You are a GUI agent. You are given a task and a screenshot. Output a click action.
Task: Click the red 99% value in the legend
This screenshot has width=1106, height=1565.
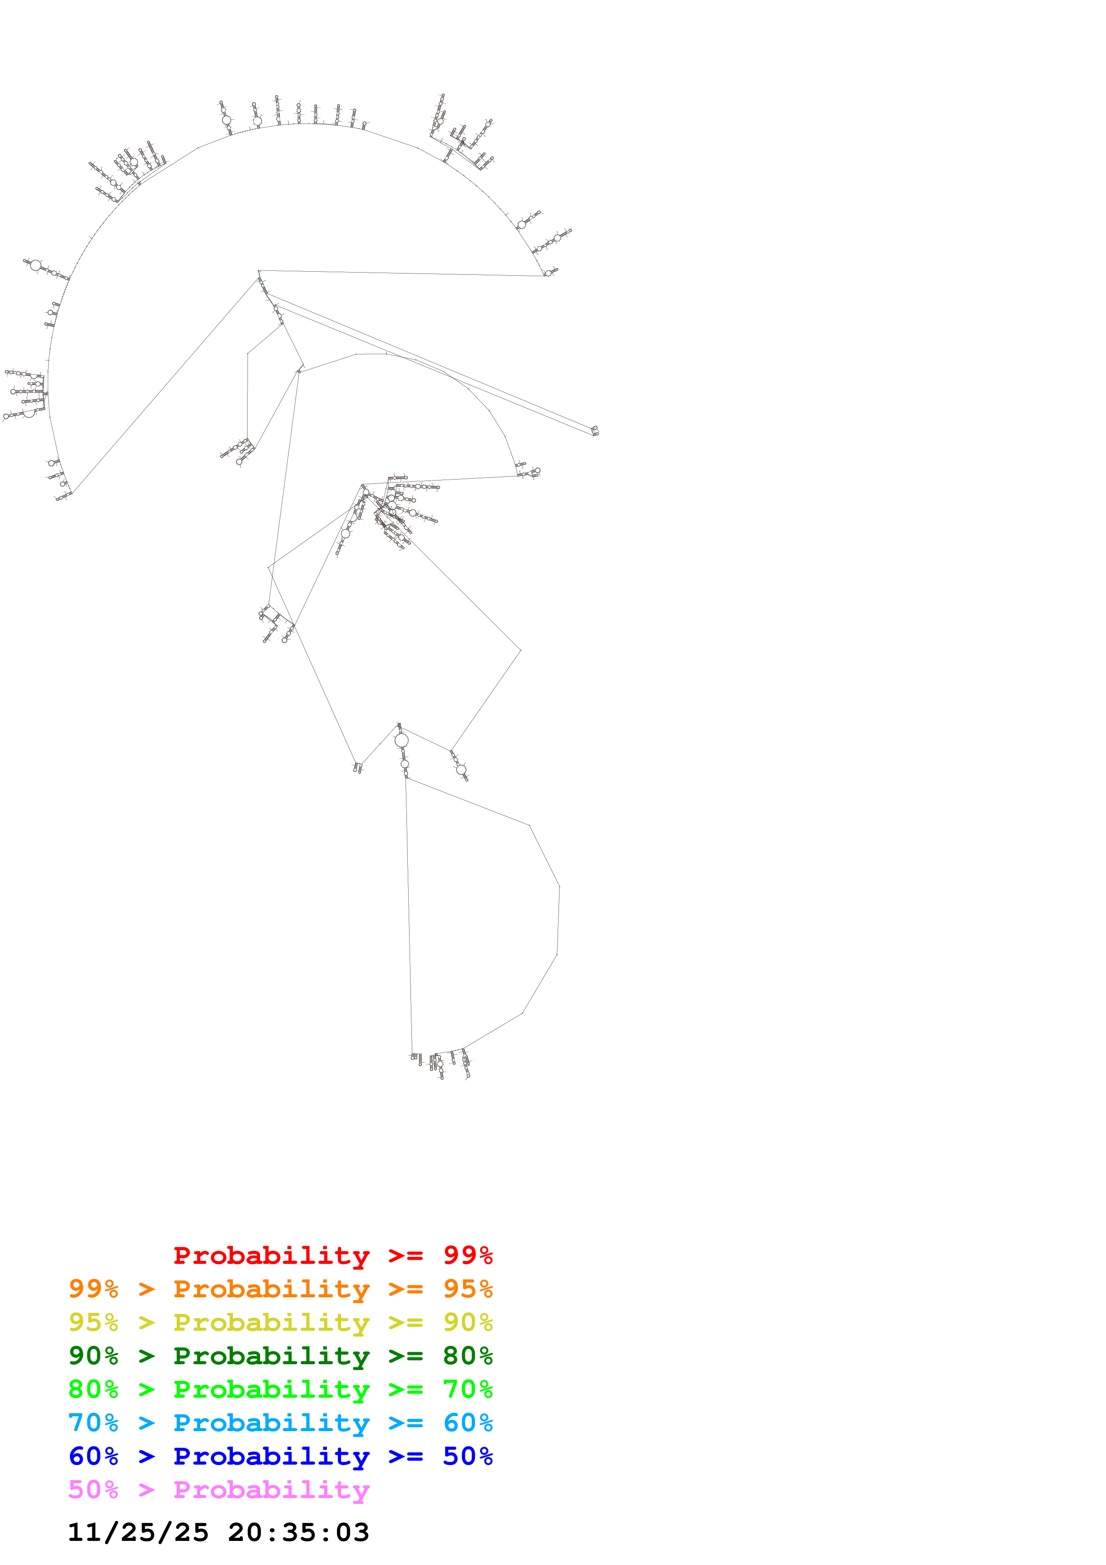click(468, 1255)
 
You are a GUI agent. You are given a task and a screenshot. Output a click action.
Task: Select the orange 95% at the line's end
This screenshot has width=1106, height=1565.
click(468, 1289)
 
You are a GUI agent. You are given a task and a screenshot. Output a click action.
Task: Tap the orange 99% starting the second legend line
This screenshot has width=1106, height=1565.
click(93, 1289)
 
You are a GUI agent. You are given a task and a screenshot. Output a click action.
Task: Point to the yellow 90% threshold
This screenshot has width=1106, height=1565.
click(468, 1322)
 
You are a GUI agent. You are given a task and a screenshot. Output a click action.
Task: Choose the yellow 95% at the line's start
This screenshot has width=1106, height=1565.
click(93, 1322)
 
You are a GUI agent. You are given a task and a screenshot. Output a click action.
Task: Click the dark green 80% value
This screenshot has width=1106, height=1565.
click(468, 1356)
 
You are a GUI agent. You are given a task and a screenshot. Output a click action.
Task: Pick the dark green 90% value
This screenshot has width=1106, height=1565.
click(93, 1356)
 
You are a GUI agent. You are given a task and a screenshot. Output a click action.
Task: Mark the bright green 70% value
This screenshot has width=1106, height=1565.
click(468, 1389)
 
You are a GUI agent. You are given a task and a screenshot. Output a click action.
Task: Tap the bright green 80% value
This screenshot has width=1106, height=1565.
click(93, 1389)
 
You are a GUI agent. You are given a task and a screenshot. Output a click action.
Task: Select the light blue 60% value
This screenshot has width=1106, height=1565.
click(468, 1423)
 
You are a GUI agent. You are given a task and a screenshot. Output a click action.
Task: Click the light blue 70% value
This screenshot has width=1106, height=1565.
click(93, 1423)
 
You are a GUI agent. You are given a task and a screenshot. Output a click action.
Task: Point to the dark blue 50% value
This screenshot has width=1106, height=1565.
click(468, 1456)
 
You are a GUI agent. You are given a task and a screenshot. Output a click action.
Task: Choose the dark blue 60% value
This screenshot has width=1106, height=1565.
click(93, 1456)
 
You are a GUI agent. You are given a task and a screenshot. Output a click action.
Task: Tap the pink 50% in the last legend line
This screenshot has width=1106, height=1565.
click(93, 1489)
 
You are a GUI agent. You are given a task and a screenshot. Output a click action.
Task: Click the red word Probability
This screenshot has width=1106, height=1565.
click(271, 1255)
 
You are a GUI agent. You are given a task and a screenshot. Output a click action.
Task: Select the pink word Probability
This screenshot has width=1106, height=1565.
click(271, 1489)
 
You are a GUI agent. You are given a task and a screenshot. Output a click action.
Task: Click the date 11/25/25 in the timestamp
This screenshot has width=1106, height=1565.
click(138, 1532)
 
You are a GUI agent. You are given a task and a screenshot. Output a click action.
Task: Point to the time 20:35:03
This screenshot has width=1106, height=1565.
click(298, 1532)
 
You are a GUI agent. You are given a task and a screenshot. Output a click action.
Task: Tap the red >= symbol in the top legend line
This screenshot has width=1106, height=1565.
click(406, 1255)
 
